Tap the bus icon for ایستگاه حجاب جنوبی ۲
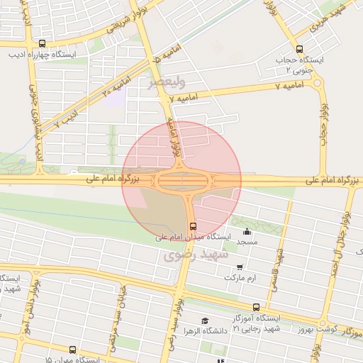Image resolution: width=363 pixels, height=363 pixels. (298, 50)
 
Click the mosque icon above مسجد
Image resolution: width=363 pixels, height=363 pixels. (247, 231)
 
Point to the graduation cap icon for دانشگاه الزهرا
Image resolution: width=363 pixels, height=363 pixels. (205, 320)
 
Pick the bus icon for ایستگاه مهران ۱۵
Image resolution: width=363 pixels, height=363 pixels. (72, 350)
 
